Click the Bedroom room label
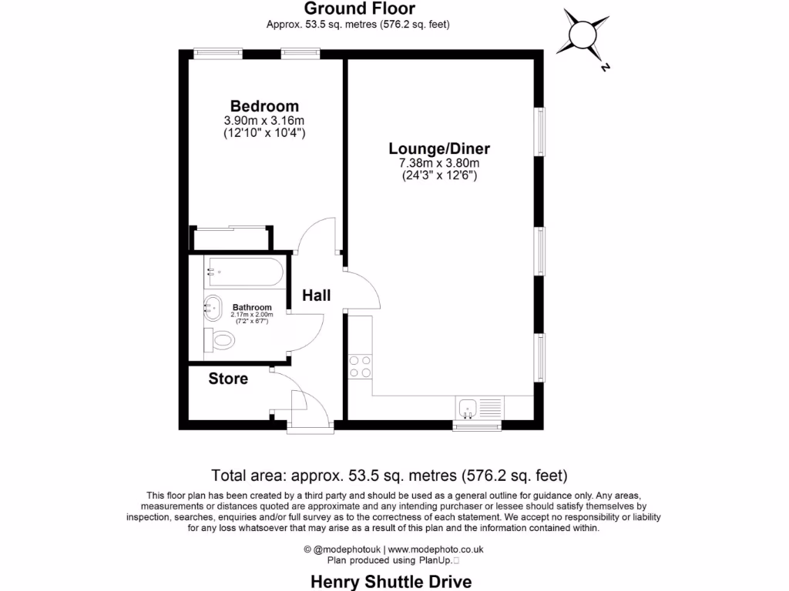coord(264,106)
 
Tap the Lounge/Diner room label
coord(439,149)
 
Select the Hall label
coord(316,295)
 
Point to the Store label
coord(228,379)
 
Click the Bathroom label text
coord(252,308)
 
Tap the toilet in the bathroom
coord(220,339)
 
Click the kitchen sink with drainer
coord(478,408)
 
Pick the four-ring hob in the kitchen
coord(359,366)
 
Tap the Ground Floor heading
coord(359,9)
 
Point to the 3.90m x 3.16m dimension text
coord(264,121)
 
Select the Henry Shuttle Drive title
coord(391,581)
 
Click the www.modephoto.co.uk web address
coord(435,549)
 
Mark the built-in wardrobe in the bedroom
coord(231,238)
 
